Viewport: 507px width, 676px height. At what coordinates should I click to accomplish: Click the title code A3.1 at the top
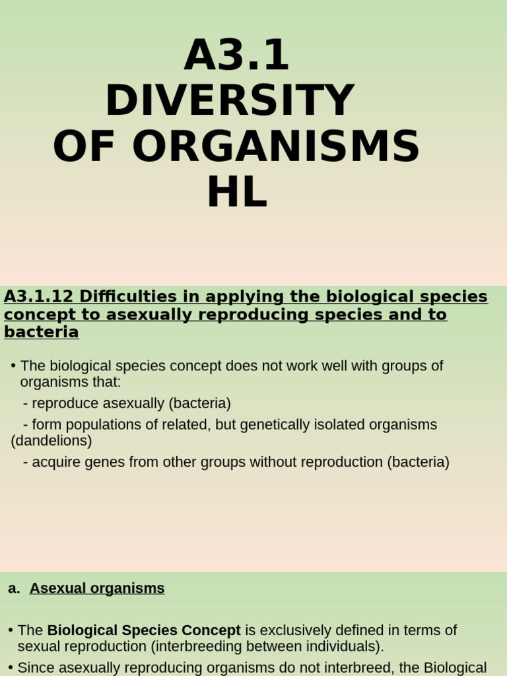(236, 56)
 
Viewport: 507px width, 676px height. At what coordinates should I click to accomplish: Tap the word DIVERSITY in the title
(230, 101)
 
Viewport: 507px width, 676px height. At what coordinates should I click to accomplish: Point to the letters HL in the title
(236, 192)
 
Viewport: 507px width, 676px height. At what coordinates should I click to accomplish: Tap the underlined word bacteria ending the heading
(41, 332)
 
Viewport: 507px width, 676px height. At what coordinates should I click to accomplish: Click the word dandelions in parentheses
(51, 440)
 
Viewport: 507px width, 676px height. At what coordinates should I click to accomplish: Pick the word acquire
(55, 462)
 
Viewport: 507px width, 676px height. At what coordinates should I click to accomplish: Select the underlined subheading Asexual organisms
(97, 588)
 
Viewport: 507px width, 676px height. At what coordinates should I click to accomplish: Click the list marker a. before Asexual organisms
(14, 588)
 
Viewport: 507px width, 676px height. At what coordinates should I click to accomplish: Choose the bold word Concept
(211, 630)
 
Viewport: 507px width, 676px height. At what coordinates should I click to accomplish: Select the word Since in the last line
(37, 667)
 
